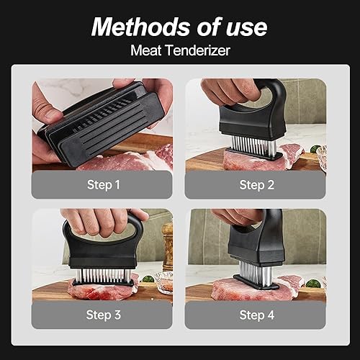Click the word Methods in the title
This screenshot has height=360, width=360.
(x=141, y=27)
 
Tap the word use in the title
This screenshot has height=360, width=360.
(x=246, y=28)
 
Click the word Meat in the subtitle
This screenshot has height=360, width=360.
(x=146, y=50)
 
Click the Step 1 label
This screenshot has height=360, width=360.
(x=104, y=185)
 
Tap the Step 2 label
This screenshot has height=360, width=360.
(x=257, y=185)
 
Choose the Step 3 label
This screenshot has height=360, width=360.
(x=104, y=315)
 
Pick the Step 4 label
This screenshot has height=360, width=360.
(x=257, y=315)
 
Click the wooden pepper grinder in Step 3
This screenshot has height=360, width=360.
(x=168, y=246)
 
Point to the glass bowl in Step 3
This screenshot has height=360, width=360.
(x=163, y=282)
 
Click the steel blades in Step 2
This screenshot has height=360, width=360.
(x=253, y=144)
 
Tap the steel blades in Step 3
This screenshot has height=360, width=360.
(x=104, y=276)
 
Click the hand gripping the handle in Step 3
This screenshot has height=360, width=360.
(x=104, y=222)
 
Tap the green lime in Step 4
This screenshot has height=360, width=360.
(x=313, y=284)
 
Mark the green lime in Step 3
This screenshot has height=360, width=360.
(x=147, y=279)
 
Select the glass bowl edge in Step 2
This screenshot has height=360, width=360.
(x=321, y=158)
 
